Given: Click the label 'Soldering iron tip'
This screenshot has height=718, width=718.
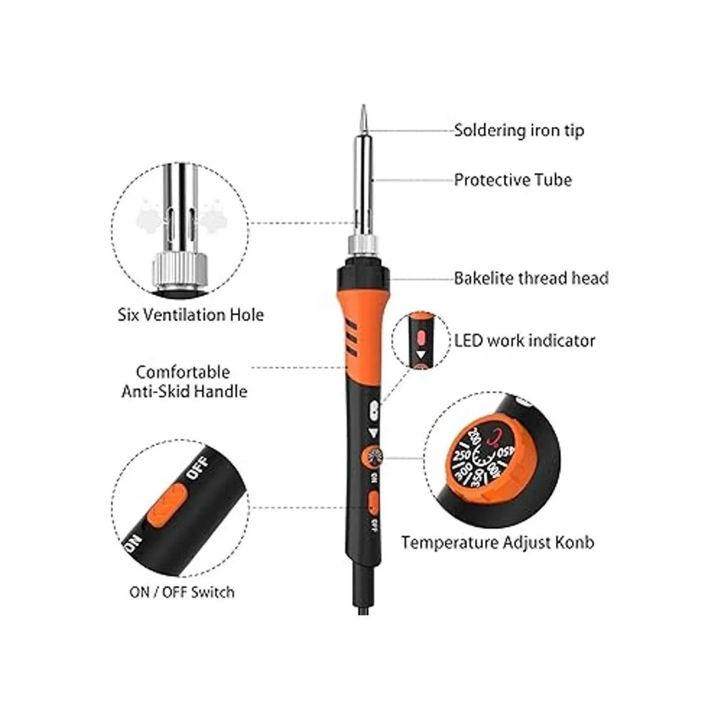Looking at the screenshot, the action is pos(519,130).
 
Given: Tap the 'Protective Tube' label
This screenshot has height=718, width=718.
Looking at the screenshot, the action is pos(513,180).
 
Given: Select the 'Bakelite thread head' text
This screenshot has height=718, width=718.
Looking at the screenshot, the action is pos(531,278).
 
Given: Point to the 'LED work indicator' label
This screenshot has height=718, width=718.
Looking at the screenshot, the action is pos(524,340).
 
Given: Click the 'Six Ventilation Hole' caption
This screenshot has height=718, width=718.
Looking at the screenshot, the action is pos(191,315).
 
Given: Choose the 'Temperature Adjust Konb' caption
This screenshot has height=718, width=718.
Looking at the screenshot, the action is pos(498,543).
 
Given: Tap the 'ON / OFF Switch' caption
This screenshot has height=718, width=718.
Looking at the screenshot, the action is pos(182,592).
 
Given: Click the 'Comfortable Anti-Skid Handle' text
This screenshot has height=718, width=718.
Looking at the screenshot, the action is pos(184,382).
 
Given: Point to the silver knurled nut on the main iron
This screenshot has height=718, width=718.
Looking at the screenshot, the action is pos(364,245).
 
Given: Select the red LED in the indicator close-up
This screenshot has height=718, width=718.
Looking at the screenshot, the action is pos(421,337).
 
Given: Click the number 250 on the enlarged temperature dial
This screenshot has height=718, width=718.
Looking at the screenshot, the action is pos(462,455).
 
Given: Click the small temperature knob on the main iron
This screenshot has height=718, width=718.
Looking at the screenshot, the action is pos(372,457).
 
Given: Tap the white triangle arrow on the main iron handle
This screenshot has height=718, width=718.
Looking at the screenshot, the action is pos(373,433).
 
